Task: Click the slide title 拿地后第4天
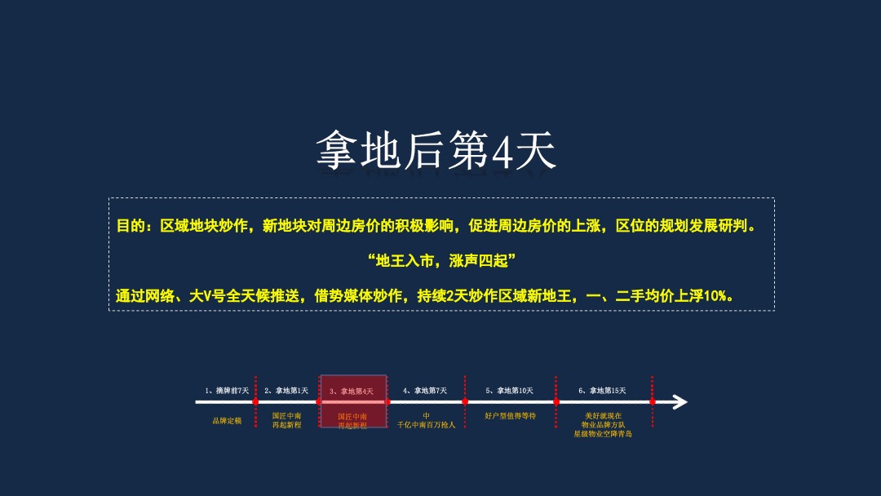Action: point(436,150)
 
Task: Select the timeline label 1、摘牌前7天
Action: point(227,391)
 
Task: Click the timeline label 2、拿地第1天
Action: point(286,391)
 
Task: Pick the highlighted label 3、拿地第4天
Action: point(352,392)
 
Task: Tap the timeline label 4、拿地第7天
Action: point(425,391)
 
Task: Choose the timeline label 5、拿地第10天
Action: point(509,391)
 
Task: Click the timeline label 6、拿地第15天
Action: point(602,391)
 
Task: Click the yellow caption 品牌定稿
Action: point(227,421)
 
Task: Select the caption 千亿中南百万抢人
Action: point(426,425)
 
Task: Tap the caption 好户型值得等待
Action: point(510,416)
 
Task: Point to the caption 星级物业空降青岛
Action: point(603,434)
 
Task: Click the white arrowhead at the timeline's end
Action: point(679,401)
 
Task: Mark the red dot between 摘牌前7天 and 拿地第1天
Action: point(255,401)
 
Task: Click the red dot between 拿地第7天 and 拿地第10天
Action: point(465,401)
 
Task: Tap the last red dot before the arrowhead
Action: point(652,401)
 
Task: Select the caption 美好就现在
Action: point(603,416)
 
